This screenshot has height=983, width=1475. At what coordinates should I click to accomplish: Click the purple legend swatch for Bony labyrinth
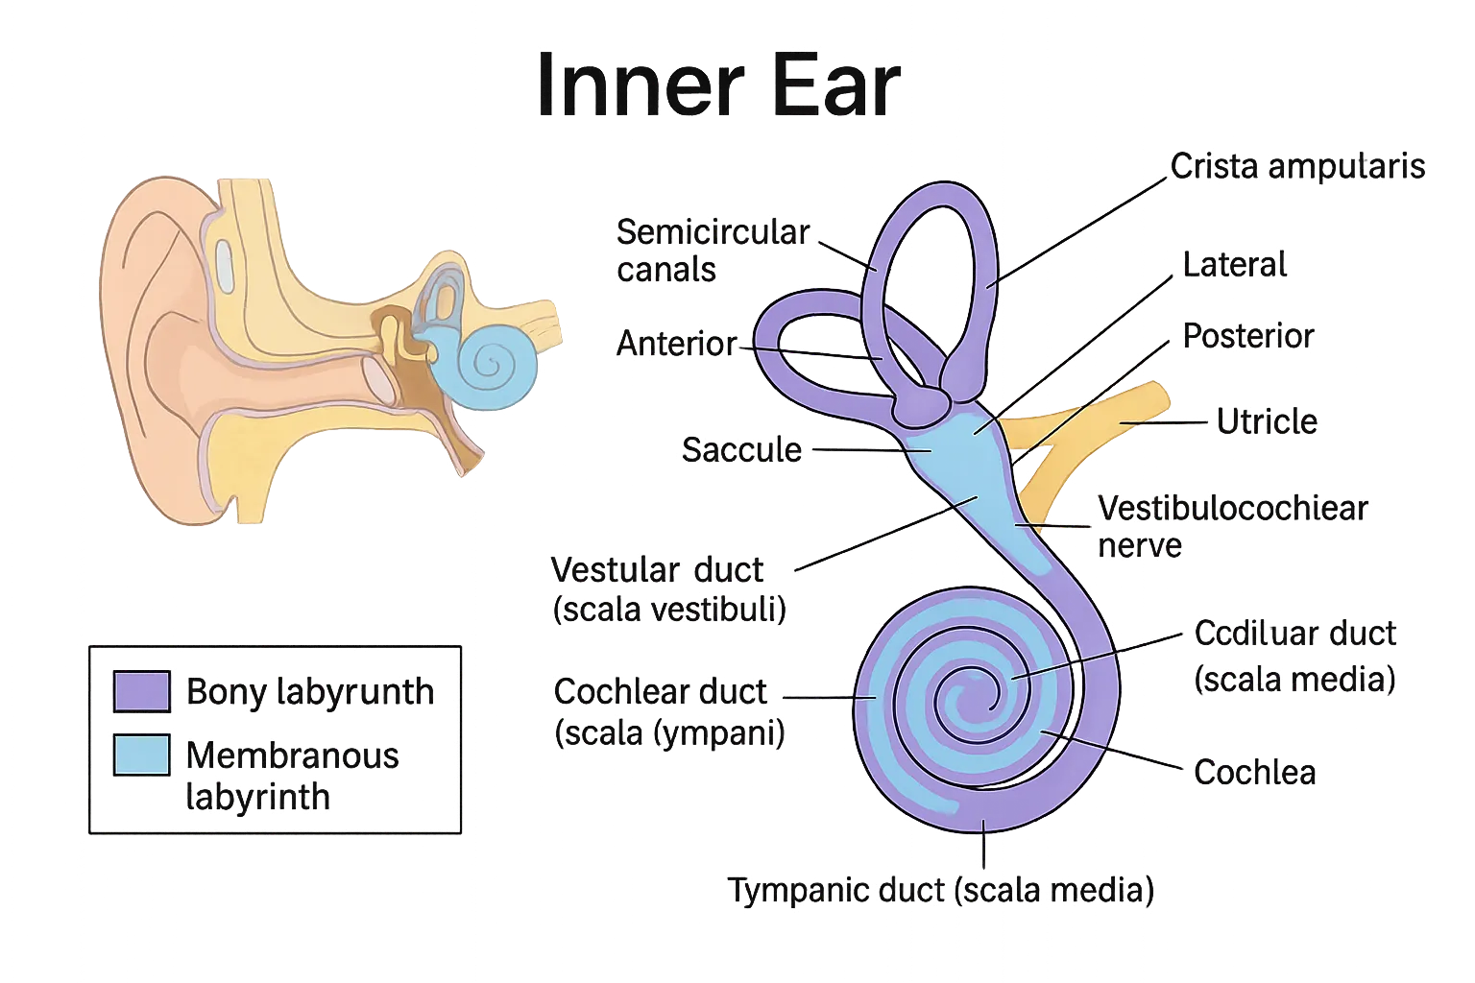click(142, 691)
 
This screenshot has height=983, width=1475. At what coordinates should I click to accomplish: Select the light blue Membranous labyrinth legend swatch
click(142, 755)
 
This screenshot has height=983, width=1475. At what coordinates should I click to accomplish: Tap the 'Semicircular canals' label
click(713, 251)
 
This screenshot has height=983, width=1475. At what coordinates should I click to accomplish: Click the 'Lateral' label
click(1235, 265)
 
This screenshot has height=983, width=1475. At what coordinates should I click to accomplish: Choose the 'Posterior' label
click(1248, 336)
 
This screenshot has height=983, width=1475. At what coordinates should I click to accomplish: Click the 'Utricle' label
click(1266, 422)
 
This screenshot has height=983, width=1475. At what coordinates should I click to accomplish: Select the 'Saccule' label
click(741, 449)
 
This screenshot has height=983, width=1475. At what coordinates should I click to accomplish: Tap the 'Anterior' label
click(678, 344)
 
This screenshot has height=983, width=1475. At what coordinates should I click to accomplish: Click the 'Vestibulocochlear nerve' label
click(1231, 526)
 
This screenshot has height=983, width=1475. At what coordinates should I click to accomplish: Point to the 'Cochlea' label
click(1254, 773)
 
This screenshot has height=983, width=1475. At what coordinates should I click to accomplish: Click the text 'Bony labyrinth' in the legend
click(309, 691)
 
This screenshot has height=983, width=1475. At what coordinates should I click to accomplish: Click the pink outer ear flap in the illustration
click(154, 288)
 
